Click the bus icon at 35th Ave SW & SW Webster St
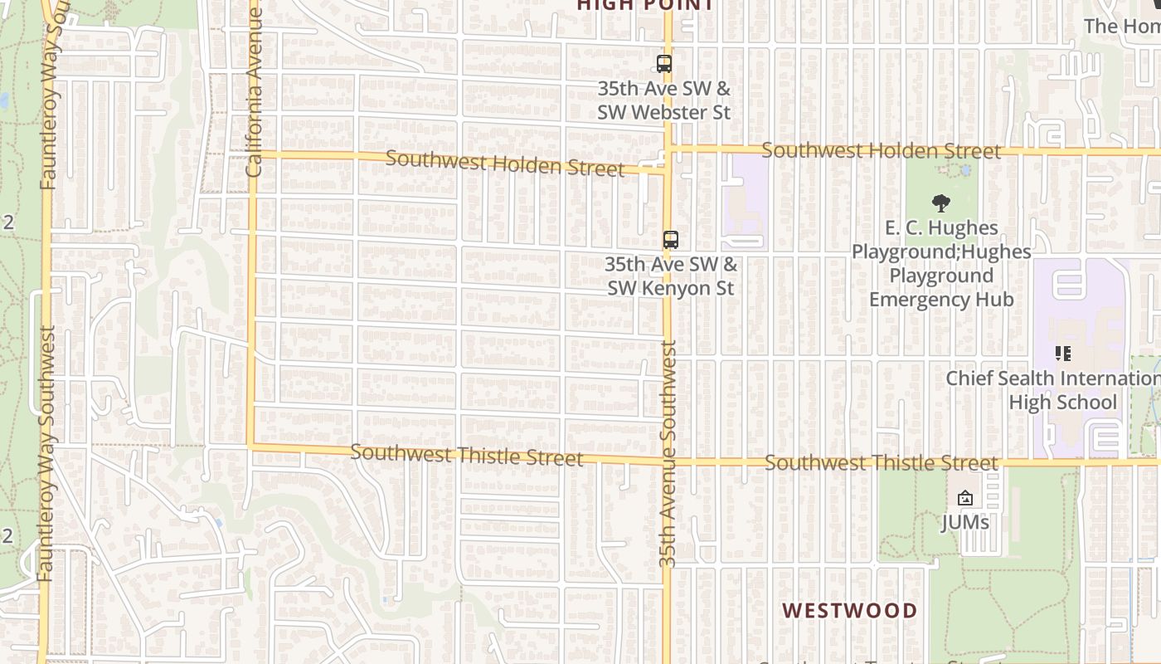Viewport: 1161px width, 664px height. [663, 64]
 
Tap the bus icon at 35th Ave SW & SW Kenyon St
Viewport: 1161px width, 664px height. [670, 240]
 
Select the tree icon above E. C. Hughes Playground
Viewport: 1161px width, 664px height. [940, 203]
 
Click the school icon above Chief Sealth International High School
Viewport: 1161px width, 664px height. [1062, 354]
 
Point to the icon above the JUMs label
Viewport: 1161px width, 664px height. [964, 498]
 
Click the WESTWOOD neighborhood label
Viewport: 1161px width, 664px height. [849, 611]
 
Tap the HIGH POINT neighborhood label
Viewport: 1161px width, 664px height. [645, 5]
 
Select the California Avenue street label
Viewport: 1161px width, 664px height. [254, 91]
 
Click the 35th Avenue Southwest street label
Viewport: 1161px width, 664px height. [669, 455]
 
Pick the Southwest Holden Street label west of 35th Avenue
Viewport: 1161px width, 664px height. [504, 163]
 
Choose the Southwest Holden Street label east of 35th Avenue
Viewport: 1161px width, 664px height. [881, 151]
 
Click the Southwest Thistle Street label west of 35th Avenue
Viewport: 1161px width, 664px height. [466, 455]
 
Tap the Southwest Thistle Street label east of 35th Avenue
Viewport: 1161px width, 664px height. [881, 462]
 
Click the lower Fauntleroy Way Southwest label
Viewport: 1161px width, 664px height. [46, 453]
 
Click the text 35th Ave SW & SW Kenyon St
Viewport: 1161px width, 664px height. [670, 276]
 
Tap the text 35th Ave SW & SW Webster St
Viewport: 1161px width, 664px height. [663, 100]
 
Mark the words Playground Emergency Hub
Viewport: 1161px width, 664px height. [941, 287]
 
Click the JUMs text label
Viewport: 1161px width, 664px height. [964, 522]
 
